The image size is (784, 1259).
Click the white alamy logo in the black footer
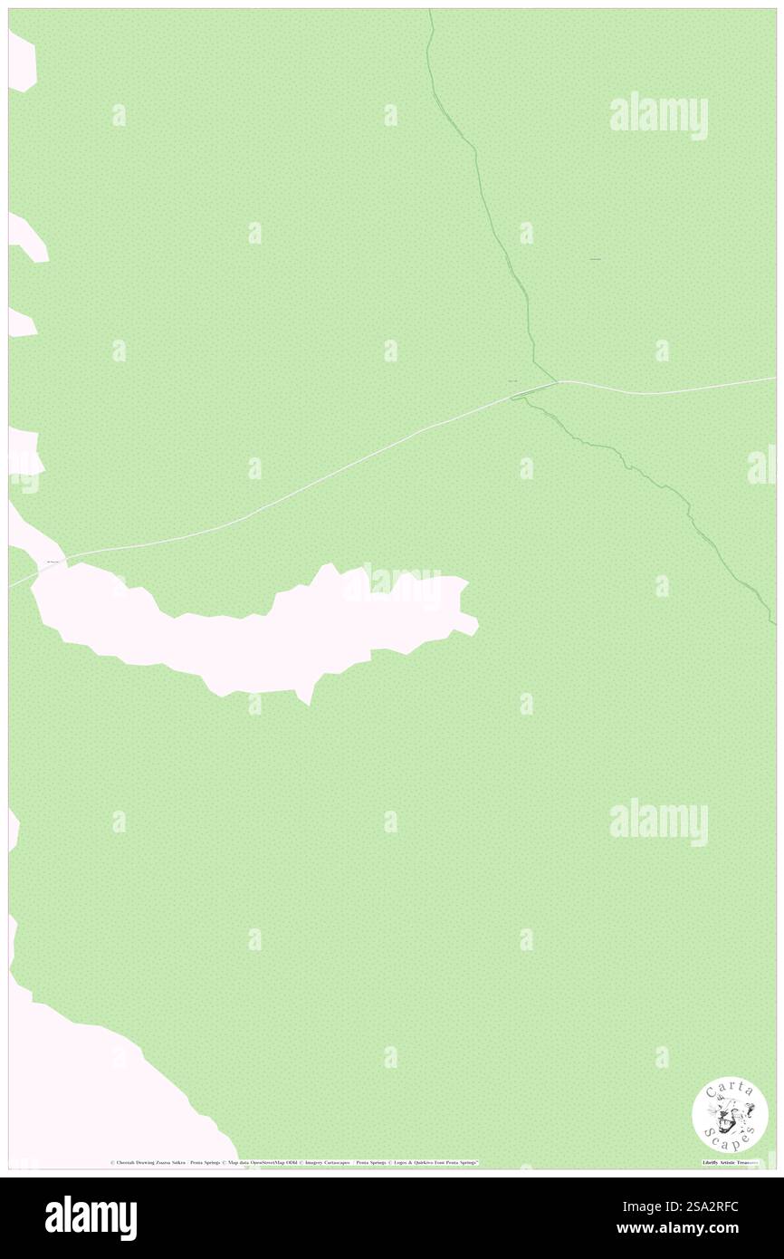pyautogui.click(x=91, y=1217)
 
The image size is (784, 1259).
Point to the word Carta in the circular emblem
pyautogui.click(x=730, y=1090)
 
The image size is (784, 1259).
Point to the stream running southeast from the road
pyautogui.click(x=652, y=480)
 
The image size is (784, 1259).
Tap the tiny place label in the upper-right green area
pyautogui.click(x=596, y=261)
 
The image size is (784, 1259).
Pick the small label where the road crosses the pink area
pyautogui.click(x=52, y=562)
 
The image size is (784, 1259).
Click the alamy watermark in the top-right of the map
pyautogui.click(x=658, y=115)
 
